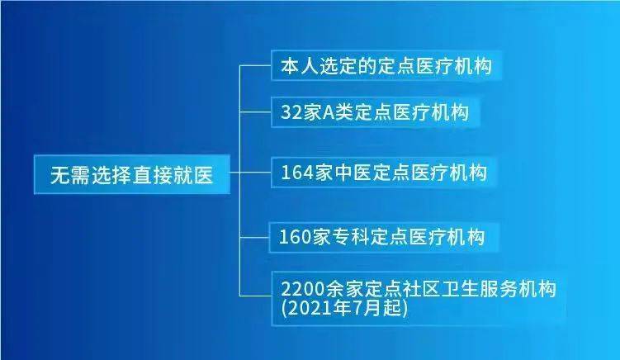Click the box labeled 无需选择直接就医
[x=130, y=175]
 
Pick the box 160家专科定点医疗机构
[x=383, y=238]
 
